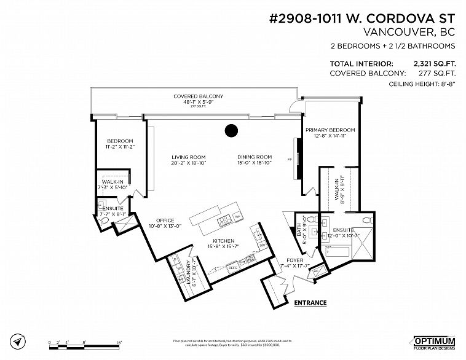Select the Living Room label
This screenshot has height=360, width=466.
click(x=188, y=157)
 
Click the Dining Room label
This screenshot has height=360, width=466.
click(x=255, y=157)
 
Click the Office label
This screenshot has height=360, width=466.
click(x=165, y=220)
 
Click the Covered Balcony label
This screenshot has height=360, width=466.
click(x=197, y=96)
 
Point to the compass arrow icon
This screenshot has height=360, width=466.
click(x=21, y=340)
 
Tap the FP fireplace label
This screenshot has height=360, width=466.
click(x=289, y=160)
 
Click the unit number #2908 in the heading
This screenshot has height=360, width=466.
click(x=288, y=17)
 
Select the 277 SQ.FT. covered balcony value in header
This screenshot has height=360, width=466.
click(x=439, y=73)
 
